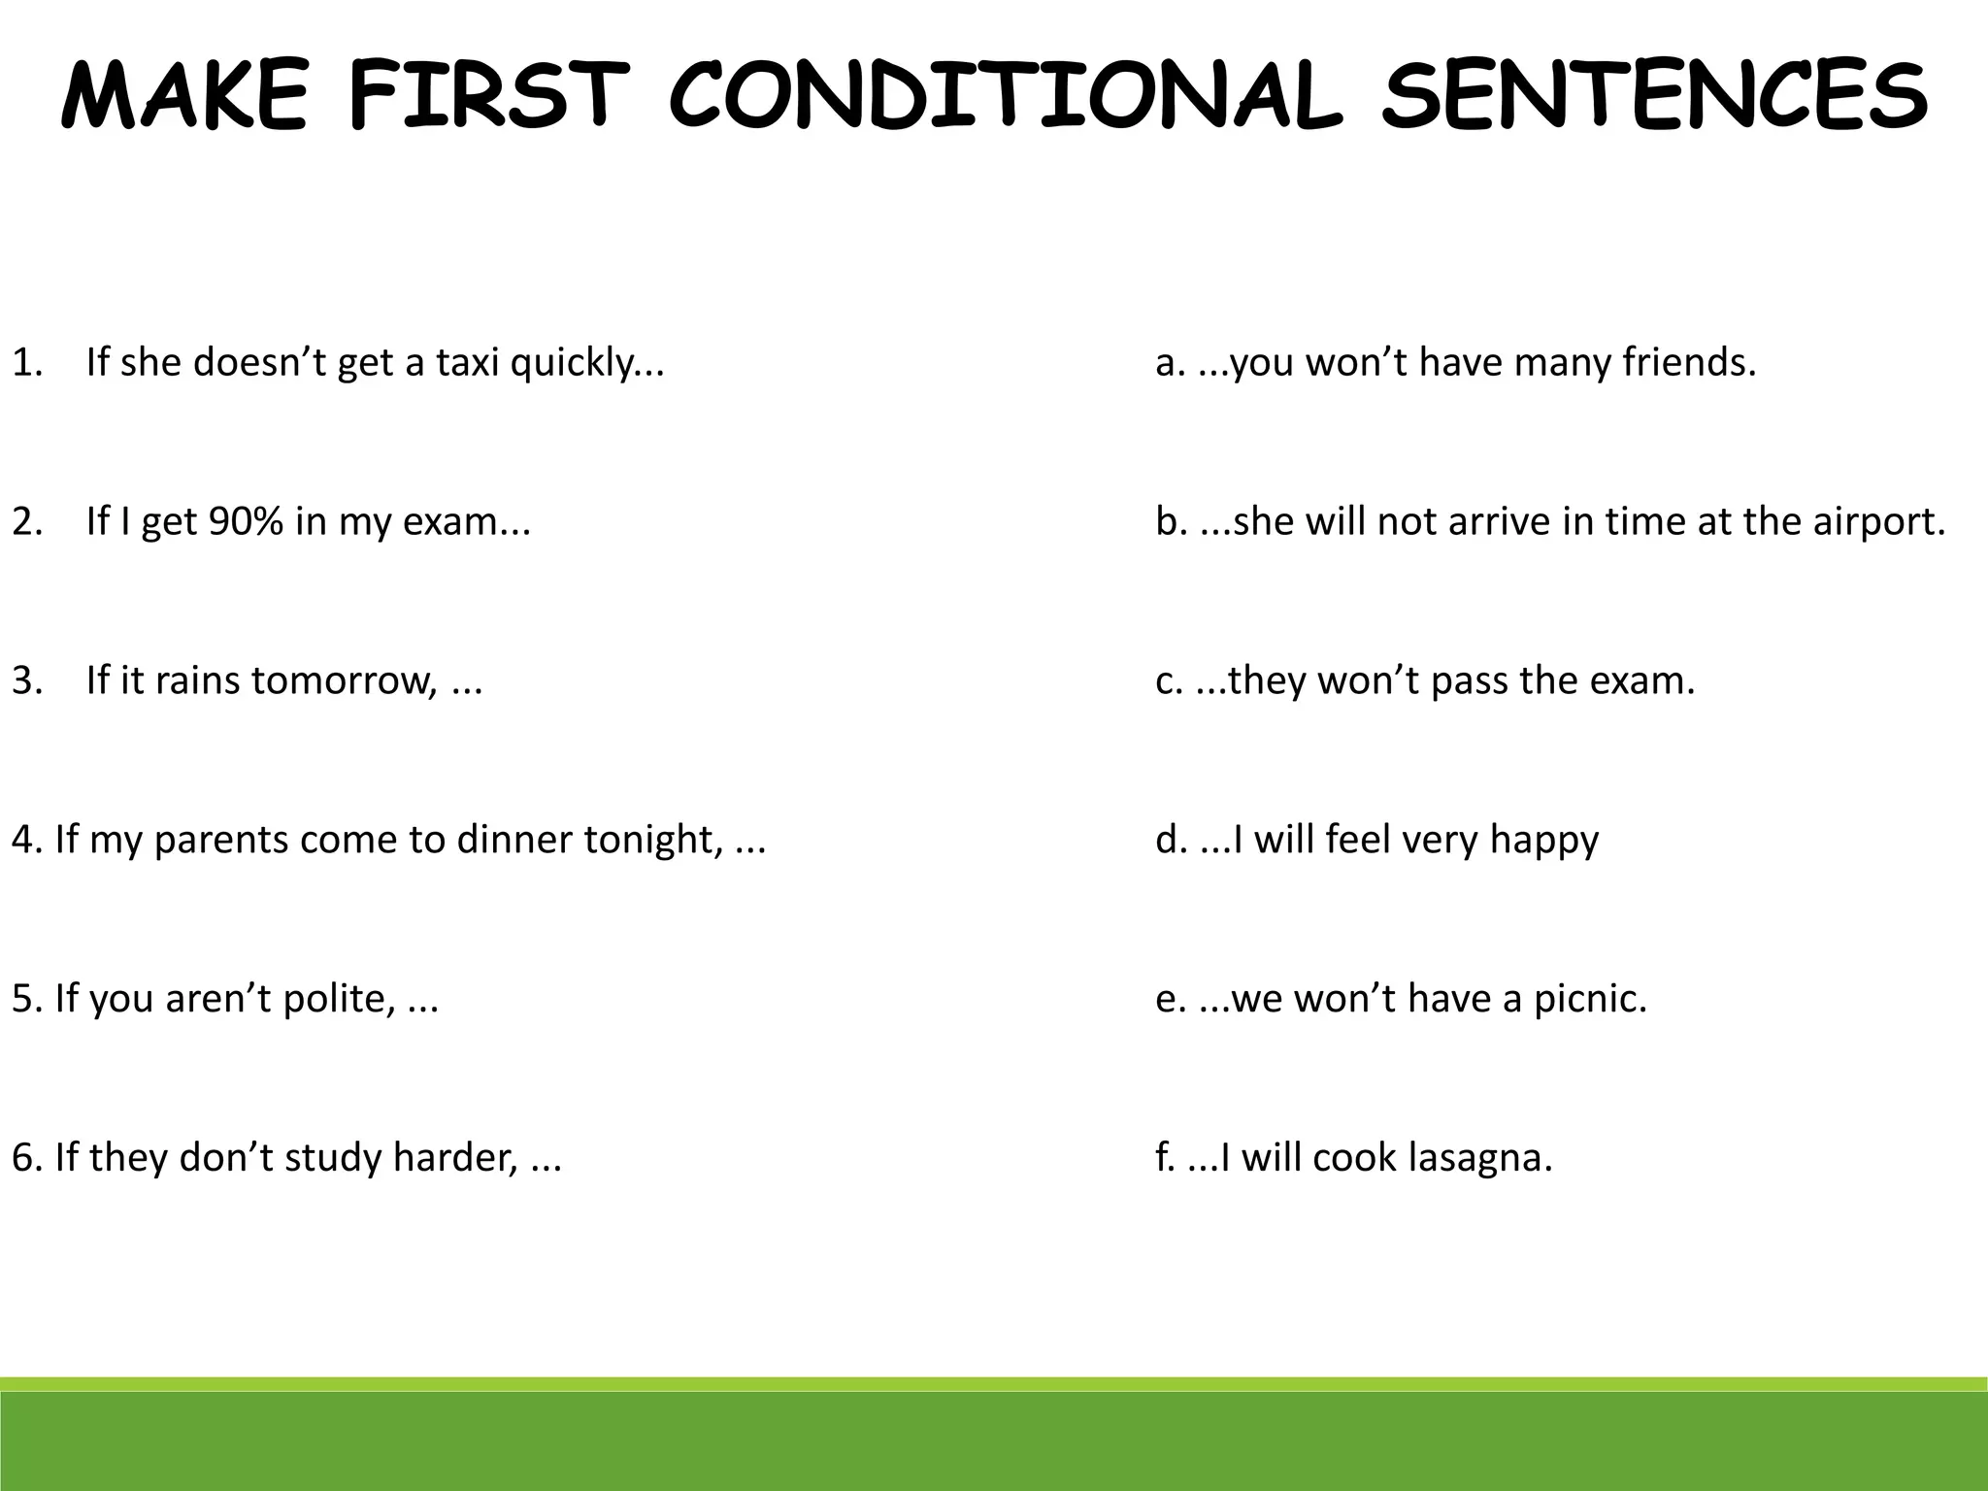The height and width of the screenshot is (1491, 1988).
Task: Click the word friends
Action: tap(1689, 362)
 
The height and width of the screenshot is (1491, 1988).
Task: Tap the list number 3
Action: tap(26, 680)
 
